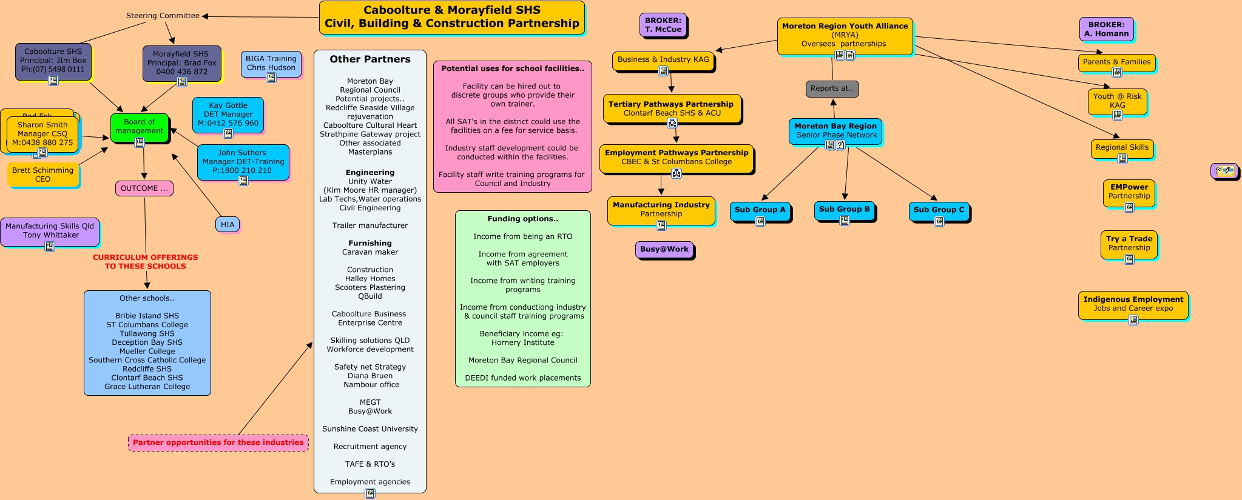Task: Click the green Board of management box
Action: [x=139, y=127]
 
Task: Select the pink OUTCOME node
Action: [x=144, y=188]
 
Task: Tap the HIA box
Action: [x=228, y=225]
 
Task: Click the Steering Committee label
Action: [x=163, y=16]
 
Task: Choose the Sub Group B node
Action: [x=844, y=209]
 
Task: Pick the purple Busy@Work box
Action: [x=664, y=249]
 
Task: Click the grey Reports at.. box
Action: [x=832, y=88]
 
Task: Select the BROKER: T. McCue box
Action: [x=663, y=25]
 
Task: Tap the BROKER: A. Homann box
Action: [x=1106, y=29]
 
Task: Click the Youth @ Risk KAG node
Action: [x=1117, y=100]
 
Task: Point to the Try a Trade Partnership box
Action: [x=1129, y=243]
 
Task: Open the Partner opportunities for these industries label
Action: [x=218, y=442]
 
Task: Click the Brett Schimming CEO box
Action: [x=42, y=175]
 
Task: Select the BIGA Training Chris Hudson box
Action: [x=271, y=63]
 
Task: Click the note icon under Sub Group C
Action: [x=939, y=221]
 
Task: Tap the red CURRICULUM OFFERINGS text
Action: [x=145, y=262]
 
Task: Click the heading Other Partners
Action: [x=370, y=59]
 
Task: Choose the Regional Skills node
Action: [x=1122, y=147]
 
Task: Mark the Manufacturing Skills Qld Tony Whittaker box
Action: [x=50, y=230]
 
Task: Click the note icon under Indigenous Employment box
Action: [x=1133, y=319]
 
